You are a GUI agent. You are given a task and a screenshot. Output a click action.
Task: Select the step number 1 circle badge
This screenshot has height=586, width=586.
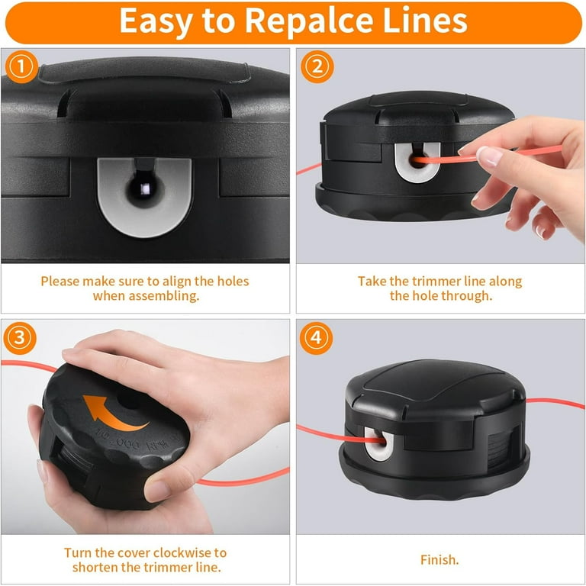click(21, 66)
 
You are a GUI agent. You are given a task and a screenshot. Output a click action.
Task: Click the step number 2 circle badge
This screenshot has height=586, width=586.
click(317, 66)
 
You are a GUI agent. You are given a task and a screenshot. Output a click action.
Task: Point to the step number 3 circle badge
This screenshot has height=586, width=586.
click(20, 338)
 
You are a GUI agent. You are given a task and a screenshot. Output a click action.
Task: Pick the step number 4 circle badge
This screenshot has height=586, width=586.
click(316, 338)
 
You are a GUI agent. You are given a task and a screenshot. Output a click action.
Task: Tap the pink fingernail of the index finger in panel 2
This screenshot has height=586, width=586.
click(489, 156)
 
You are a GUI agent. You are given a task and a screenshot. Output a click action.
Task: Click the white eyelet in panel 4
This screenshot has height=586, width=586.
click(378, 443)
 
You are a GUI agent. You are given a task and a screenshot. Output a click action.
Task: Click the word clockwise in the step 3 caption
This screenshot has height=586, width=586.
click(182, 552)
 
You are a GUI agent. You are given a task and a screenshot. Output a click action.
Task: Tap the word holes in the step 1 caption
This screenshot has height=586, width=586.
click(233, 281)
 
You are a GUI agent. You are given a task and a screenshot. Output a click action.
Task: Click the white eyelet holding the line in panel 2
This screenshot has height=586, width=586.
click(418, 163)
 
